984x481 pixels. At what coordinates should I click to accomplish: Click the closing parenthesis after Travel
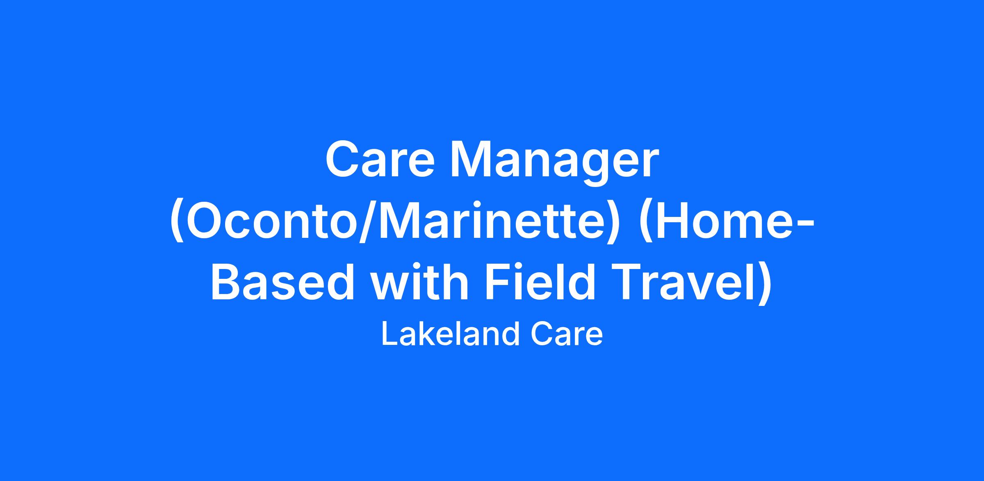[763, 285]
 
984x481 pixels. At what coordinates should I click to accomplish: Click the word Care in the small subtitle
[567, 335]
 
